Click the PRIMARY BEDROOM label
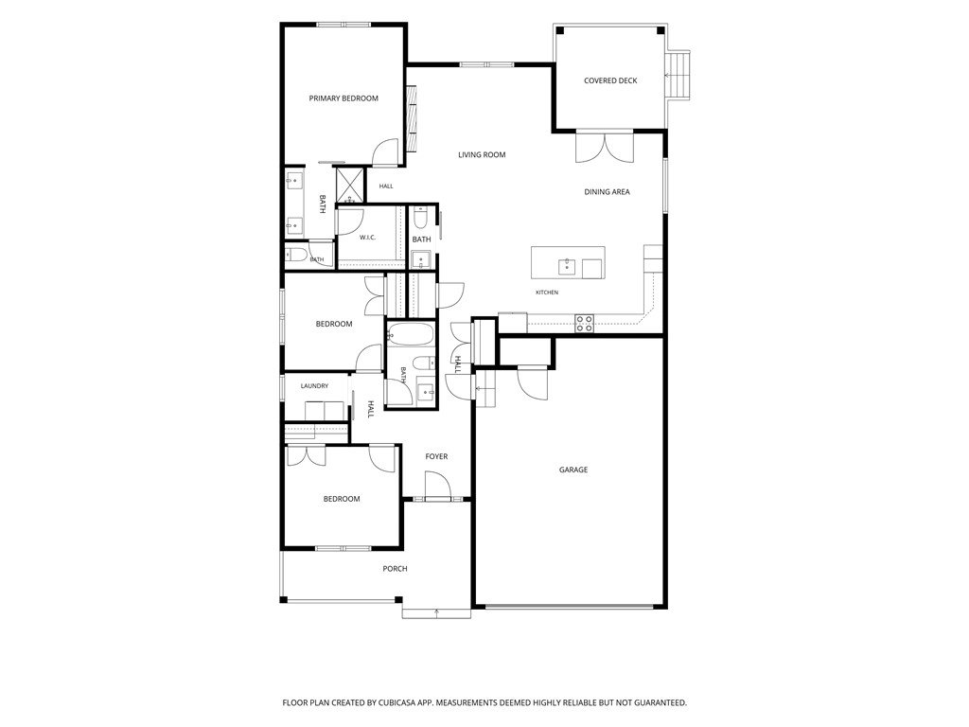(344, 98)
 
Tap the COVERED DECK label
(610, 80)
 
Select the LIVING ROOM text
(482, 154)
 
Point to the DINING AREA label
(607, 191)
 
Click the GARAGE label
(573, 470)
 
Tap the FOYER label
(436, 456)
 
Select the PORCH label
(395, 569)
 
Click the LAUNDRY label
(314, 386)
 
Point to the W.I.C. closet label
(368, 238)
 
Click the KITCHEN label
(547, 293)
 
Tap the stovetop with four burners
(585, 324)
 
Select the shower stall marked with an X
(351, 185)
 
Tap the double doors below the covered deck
(605, 147)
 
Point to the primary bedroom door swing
(386, 151)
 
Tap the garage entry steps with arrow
(485, 388)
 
